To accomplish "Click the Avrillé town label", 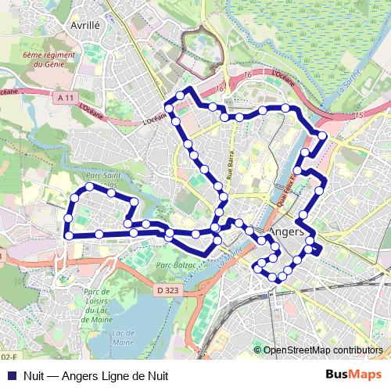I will click(86, 25).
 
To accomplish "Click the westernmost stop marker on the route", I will click(68, 235).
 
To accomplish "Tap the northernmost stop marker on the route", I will click(180, 95).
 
